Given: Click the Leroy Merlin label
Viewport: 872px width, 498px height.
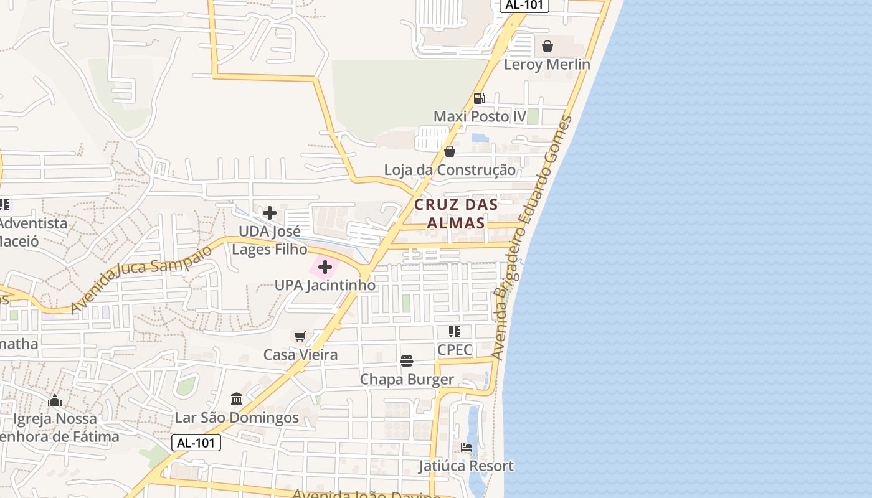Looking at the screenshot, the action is pyautogui.click(x=547, y=64).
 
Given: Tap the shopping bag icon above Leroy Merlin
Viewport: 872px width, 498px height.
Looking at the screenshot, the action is pyautogui.click(x=547, y=46).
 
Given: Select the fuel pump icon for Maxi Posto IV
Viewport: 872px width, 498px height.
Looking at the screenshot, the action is pyautogui.click(x=479, y=98).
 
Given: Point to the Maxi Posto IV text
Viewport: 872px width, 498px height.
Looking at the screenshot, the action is pyautogui.click(x=480, y=116).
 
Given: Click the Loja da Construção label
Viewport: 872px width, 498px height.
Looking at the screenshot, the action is pyautogui.click(x=450, y=170).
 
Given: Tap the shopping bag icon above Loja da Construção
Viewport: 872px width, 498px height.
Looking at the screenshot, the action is pyautogui.click(x=450, y=151).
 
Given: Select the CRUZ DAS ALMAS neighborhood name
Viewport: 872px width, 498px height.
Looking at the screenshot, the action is pyautogui.click(x=457, y=214).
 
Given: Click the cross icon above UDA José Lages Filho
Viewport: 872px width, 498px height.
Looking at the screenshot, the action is pyautogui.click(x=270, y=214).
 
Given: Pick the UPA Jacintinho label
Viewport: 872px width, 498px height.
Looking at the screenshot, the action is pyautogui.click(x=325, y=285).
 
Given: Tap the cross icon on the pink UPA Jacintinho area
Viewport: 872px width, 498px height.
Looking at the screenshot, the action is pyautogui.click(x=325, y=268).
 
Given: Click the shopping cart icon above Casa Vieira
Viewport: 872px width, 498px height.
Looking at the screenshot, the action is pyautogui.click(x=300, y=337).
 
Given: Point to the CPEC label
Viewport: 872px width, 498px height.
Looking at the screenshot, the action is pyautogui.click(x=455, y=350).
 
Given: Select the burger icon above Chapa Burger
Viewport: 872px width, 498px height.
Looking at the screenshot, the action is pyautogui.click(x=407, y=361).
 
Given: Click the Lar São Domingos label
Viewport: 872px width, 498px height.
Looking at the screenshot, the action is pyautogui.click(x=237, y=418).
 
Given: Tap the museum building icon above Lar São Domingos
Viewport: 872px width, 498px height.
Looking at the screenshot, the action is pyautogui.click(x=237, y=398).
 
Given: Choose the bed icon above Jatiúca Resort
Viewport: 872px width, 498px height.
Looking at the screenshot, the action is pyautogui.click(x=467, y=448).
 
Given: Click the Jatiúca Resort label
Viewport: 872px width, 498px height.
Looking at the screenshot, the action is pyautogui.click(x=467, y=466).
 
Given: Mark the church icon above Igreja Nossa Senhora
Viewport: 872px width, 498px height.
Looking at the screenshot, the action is pyautogui.click(x=55, y=400).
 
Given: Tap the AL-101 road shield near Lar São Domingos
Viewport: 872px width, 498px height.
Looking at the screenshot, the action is pyautogui.click(x=196, y=443).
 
